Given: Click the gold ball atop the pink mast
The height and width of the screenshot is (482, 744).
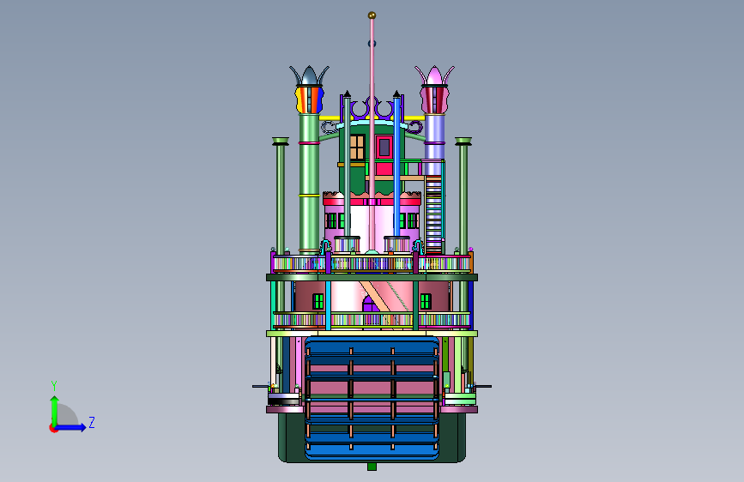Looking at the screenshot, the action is [x=372, y=15].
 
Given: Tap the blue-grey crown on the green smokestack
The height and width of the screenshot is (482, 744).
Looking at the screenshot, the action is [x=310, y=76].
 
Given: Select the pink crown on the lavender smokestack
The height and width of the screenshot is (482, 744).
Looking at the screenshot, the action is [x=434, y=76].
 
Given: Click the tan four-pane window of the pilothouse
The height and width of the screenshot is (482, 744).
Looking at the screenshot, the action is [x=357, y=147].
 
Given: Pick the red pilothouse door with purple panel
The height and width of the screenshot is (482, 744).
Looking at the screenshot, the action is [x=384, y=148].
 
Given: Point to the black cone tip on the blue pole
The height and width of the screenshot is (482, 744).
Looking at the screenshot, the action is [x=396, y=94].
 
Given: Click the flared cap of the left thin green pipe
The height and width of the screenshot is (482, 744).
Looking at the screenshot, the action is [x=281, y=142].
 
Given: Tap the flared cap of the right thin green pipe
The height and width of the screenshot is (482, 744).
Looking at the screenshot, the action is [x=463, y=142].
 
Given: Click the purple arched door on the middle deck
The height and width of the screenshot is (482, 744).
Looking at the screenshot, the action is [x=370, y=304].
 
